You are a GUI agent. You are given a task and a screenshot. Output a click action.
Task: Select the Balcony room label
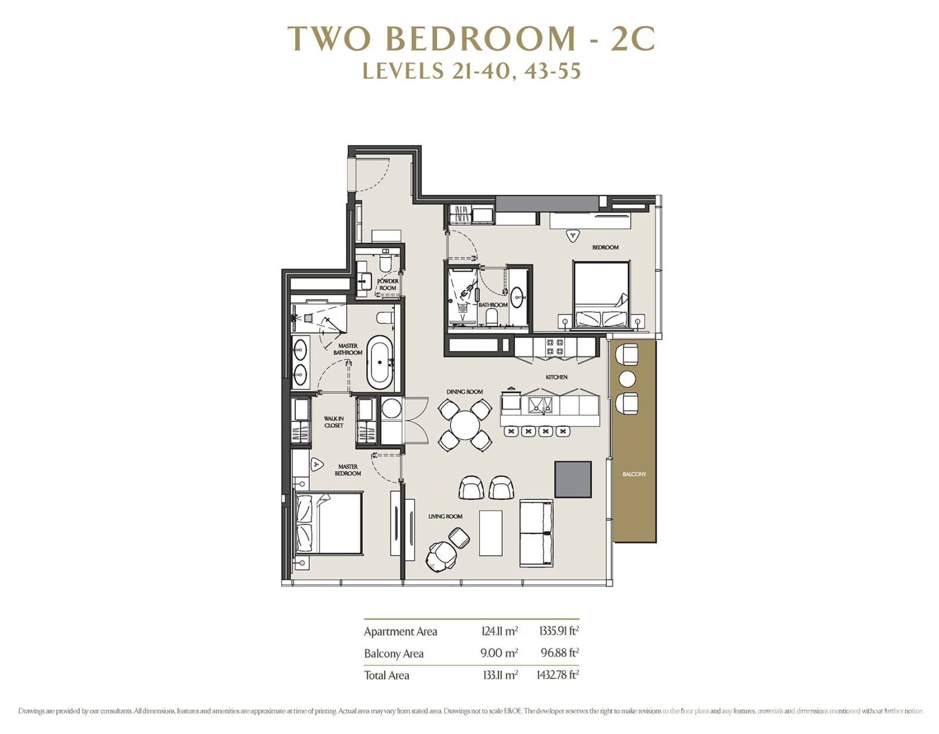(x=634, y=474)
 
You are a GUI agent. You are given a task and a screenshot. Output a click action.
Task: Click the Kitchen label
(x=556, y=377)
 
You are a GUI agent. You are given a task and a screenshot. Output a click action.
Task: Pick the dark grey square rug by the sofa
(x=573, y=479)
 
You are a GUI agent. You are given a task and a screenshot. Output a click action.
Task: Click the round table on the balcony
(x=627, y=379)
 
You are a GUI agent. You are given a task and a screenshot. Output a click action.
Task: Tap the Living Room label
(x=445, y=516)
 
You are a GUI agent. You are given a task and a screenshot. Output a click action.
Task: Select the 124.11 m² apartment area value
(x=499, y=631)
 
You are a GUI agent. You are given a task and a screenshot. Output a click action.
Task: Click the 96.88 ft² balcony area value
(x=560, y=652)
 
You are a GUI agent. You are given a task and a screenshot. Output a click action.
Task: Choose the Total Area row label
(x=386, y=675)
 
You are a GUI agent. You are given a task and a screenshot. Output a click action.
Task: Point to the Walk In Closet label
(x=333, y=422)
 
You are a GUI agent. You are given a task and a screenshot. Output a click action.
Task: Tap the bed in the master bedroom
(x=329, y=523)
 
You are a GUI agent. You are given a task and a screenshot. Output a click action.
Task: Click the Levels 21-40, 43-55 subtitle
(x=471, y=71)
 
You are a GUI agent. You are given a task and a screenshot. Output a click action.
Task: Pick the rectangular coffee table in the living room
(x=491, y=533)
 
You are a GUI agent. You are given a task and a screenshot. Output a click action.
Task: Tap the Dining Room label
(x=465, y=392)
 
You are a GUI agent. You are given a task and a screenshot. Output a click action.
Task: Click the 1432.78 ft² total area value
(x=558, y=675)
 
